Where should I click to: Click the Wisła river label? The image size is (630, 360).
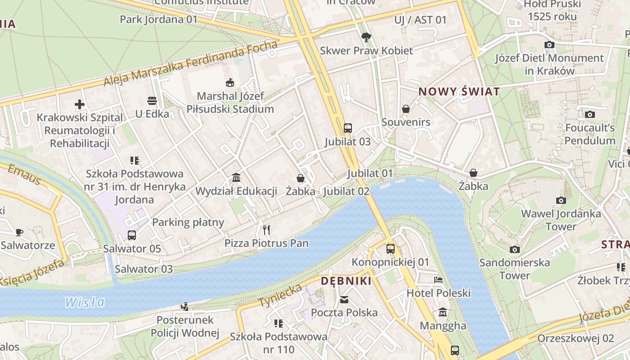(85, 302)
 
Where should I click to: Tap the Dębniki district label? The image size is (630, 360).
(346, 281)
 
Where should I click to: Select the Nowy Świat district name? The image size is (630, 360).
(459, 92)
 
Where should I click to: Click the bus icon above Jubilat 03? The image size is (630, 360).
(347, 128)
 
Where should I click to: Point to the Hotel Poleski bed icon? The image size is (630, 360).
(438, 280)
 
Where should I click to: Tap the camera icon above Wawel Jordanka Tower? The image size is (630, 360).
(561, 200)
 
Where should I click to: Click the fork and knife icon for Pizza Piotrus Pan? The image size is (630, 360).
(266, 230)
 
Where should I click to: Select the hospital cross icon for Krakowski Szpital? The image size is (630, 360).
(80, 105)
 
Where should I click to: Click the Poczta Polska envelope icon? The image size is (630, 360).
(344, 299)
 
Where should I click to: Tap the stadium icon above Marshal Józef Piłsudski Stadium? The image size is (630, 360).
(230, 83)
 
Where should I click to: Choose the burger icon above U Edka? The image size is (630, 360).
(152, 100)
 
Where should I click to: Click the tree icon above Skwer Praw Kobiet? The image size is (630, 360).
(366, 37)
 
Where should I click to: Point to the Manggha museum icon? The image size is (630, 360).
(443, 312)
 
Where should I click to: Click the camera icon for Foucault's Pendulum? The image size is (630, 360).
(589, 115)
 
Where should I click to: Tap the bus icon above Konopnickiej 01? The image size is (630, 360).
(390, 248)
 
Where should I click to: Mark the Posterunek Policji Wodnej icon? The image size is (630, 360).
(184, 307)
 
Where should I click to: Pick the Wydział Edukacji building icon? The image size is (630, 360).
(236, 178)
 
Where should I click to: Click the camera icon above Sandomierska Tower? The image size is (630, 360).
(514, 249)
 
